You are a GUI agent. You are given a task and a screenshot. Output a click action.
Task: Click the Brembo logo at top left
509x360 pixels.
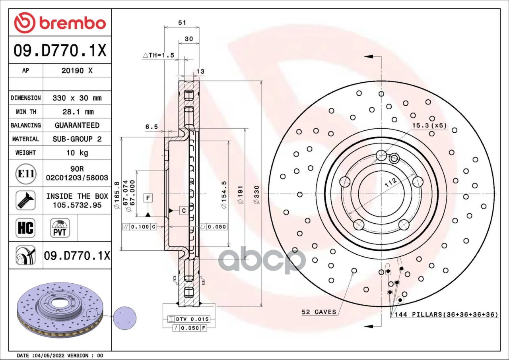click(x=60, y=23)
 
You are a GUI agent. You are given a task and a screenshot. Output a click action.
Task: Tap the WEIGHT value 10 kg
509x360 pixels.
click(x=77, y=153)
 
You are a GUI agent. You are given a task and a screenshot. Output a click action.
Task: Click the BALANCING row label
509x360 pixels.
click(x=26, y=125)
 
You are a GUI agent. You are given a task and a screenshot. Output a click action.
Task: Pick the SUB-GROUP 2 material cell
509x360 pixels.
click(x=77, y=139)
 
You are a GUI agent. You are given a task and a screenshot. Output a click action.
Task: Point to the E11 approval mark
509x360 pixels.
click(x=26, y=174)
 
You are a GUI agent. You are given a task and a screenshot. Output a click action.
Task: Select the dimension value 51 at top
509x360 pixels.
click(x=182, y=23)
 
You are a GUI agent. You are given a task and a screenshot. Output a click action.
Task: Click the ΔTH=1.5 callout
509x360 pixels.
click(x=159, y=55)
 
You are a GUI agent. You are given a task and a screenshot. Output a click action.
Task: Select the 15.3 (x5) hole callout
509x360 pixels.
click(x=429, y=126)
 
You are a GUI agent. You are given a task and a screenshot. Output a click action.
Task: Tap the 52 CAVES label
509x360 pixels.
click(x=319, y=312)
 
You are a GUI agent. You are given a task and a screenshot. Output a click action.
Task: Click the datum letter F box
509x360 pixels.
click(x=148, y=197)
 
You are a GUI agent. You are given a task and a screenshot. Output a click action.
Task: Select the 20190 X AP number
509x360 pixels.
click(x=77, y=71)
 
